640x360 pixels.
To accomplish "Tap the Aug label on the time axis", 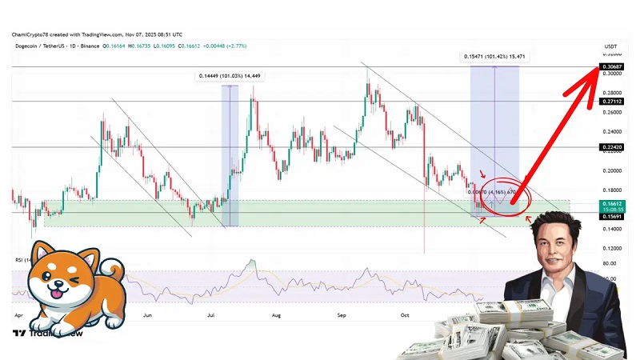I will pos(276,315).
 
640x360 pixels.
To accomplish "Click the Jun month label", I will pos(148,315).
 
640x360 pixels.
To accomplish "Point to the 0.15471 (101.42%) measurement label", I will pos(494,57).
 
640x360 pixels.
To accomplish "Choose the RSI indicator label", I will pos(19,261).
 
